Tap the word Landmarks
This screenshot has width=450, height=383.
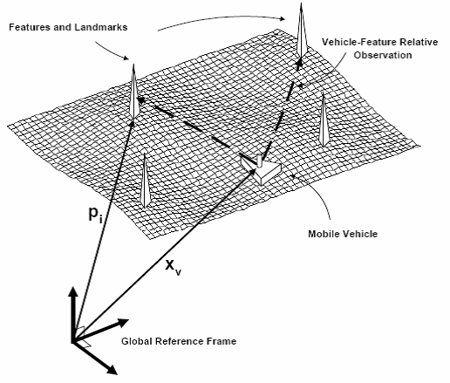pyautogui.click(x=101, y=27)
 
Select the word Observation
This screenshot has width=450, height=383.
pyautogui.click(x=383, y=55)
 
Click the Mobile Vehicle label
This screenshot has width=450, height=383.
pyautogui.click(x=343, y=234)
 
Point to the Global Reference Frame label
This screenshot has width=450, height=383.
pyautogui.click(x=179, y=341)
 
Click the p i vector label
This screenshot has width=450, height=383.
pyautogui.click(x=95, y=215)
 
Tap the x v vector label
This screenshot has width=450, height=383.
pyautogui.click(x=174, y=267)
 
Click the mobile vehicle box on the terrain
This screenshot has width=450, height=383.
pyautogui.click(x=261, y=169)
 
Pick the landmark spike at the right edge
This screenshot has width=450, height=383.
pyautogui.click(x=323, y=120)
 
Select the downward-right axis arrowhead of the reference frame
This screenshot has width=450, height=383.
pyautogui.click(x=111, y=369)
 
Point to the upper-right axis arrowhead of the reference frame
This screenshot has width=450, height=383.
pyautogui.click(x=122, y=322)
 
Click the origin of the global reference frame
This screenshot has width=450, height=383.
pyautogui.click(x=72, y=342)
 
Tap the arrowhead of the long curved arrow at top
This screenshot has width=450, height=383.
pyautogui.click(x=282, y=19)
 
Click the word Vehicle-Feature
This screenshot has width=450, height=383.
pyautogui.click(x=358, y=42)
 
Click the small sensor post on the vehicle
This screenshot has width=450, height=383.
pyautogui.click(x=260, y=161)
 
